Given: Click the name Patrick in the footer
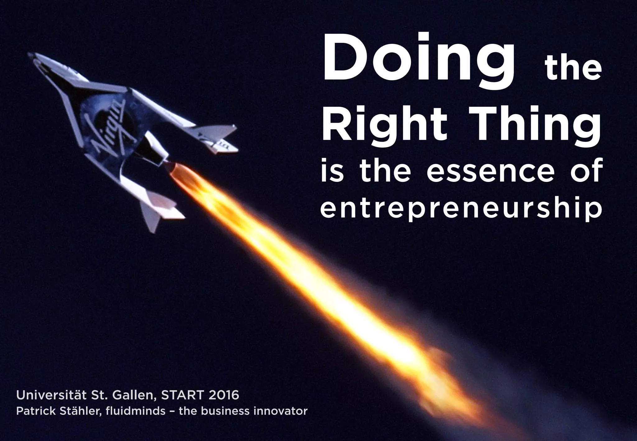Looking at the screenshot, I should tap(31, 411).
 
